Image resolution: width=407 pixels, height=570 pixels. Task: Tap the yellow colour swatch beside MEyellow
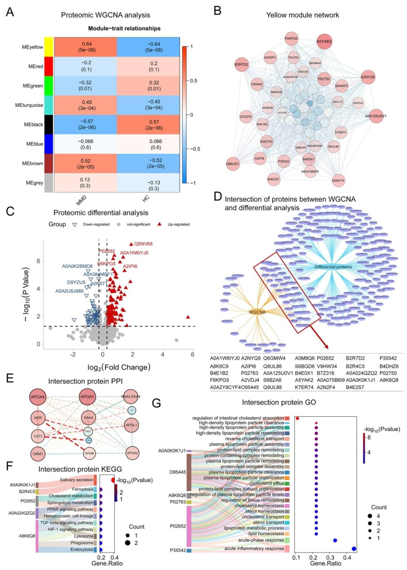tap(49, 47)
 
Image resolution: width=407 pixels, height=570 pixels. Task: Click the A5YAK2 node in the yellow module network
tap(324, 41)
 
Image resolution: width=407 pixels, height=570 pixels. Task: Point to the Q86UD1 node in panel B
tap(233, 164)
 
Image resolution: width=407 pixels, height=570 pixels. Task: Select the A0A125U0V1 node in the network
tap(376, 116)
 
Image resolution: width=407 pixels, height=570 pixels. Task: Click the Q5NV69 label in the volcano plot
tap(143, 244)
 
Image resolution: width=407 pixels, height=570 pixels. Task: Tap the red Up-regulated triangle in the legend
tap(159, 224)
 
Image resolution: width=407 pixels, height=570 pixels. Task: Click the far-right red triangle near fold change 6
tap(188, 317)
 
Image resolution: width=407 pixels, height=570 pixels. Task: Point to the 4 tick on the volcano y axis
tap(38, 289)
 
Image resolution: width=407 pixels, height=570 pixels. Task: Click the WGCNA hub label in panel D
tap(257, 312)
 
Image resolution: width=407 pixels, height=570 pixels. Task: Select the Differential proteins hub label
tap(333, 267)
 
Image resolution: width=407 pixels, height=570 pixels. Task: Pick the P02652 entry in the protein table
tap(325, 358)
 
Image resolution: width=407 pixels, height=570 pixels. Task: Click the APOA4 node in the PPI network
tap(38, 397)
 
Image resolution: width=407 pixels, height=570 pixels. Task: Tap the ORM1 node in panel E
tap(38, 454)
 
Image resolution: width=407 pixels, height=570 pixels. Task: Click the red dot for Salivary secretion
tap(113, 480)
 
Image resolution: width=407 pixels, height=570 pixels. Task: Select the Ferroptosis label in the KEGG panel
tap(83, 489)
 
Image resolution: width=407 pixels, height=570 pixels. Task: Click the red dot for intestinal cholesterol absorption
tap(297, 418)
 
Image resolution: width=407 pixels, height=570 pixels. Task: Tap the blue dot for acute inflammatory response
tap(353, 549)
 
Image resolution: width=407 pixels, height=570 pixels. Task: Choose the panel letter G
tap(156, 403)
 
